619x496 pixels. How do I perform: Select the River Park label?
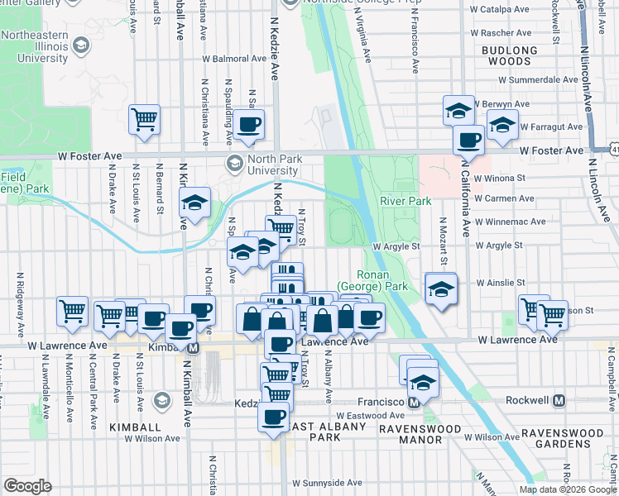405,201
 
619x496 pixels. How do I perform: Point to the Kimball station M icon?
193,348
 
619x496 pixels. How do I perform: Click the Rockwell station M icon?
559,401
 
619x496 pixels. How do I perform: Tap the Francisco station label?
378,402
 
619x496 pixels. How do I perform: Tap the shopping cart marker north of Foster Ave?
144,119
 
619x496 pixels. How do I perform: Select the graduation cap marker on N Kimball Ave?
194,203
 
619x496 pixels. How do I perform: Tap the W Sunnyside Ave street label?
327,482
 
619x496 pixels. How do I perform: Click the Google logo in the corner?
27,486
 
